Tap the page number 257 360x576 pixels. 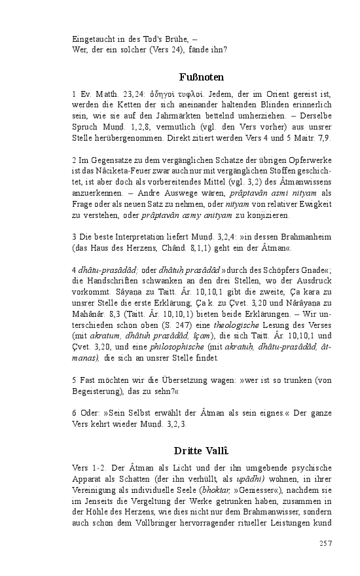click(325, 543)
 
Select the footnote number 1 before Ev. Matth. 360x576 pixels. click(75, 95)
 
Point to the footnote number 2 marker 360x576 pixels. click(75, 160)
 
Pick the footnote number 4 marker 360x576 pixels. click(75, 270)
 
